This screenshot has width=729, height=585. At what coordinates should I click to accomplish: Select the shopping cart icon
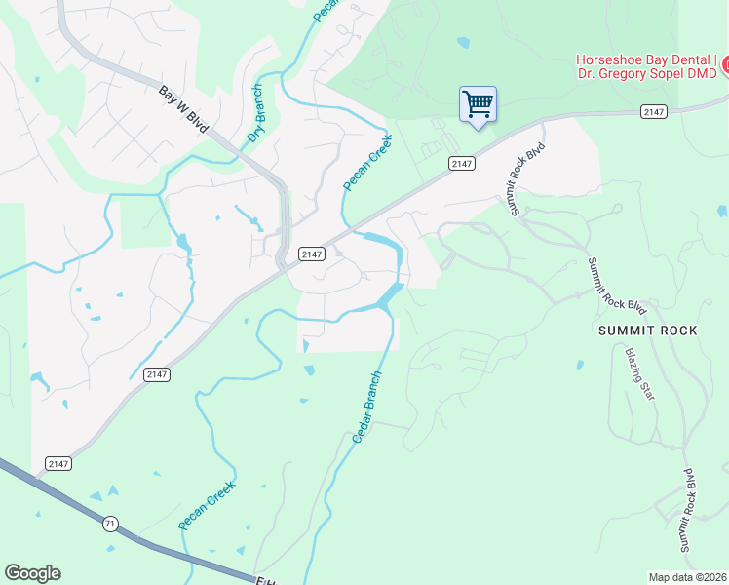click(478, 104)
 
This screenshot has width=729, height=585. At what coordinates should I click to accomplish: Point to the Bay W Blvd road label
click(185, 107)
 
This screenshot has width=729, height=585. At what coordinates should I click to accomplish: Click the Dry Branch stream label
click(255, 112)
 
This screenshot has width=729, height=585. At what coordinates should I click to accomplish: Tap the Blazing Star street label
click(639, 375)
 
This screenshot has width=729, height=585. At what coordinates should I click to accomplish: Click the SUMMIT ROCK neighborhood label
click(648, 331)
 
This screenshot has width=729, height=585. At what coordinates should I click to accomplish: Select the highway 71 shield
click(110, 525)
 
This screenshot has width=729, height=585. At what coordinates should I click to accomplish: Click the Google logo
click(32, 573)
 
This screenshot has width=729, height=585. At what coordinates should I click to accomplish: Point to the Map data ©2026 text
click(688, 577)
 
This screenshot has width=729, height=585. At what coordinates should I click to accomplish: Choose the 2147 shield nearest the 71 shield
click(58, 463)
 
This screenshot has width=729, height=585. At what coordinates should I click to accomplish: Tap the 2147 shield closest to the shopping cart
click(462, 164)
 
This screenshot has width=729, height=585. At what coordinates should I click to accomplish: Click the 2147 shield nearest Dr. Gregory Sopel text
click(654, 113)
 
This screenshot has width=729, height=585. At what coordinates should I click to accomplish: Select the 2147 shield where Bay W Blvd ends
click(311, 253)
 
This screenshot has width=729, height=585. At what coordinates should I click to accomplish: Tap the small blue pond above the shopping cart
click(462, 43)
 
